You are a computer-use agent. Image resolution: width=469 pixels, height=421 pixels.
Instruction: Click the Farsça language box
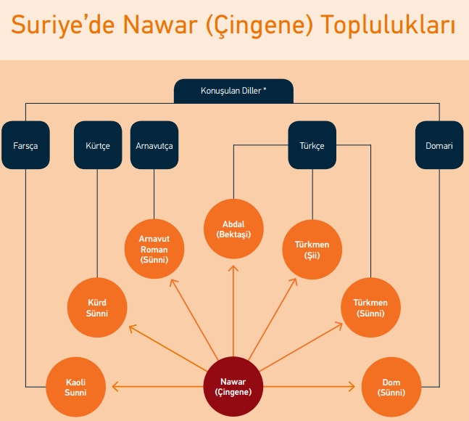coord(25,145)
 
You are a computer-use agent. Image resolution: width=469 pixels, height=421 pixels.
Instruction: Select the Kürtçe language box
coord(97,145)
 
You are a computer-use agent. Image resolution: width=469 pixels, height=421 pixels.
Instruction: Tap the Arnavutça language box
coord(154,145)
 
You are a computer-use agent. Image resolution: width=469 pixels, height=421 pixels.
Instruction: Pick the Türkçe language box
coord(312,145)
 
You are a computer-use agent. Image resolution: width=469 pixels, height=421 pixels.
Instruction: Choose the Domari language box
coord(439,145)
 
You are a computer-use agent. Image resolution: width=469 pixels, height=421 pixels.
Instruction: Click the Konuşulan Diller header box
coord(233,91)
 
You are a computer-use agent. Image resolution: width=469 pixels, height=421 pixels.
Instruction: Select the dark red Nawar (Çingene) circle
coord(233,385)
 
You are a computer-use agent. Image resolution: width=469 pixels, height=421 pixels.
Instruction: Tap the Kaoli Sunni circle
coord(75,385)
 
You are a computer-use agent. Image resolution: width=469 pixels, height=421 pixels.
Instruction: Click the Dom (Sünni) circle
coord(391,385)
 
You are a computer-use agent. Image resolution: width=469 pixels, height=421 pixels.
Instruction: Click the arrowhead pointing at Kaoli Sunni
coord(114,385)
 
